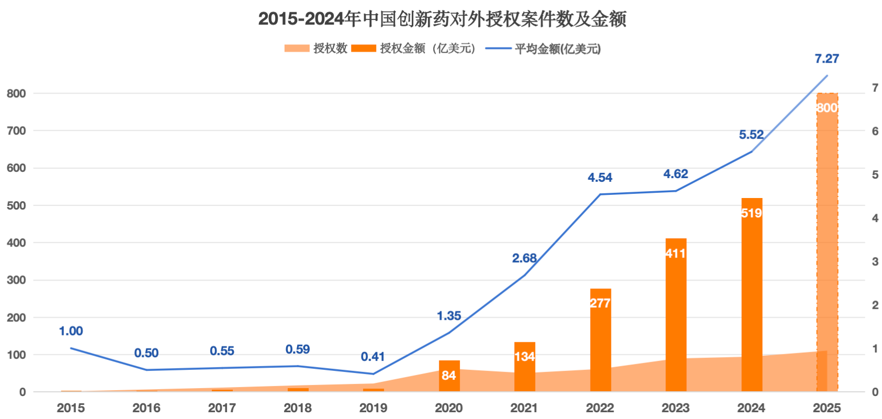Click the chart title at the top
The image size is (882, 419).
[x=442, y=19]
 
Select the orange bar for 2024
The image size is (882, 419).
[x=751, y=293]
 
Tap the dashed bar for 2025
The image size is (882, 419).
[x=827, y=240]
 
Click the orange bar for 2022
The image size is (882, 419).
[x=600, y=340]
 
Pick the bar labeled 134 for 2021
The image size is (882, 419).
[x=524, y=366]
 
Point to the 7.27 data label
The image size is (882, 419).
[x=827, y=59]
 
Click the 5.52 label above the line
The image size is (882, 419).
[x=751, y=135]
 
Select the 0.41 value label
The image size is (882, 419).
[x=372, y=357]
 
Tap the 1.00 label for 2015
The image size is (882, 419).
[x=71, y=331]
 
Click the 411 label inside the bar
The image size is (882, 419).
[x=675, y=254]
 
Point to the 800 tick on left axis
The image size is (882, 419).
[x=16, y=94]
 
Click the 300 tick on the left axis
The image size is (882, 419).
[x=16, y=280]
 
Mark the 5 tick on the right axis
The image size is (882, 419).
[x=875, y=175]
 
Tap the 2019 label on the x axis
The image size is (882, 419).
[x=373, y=408]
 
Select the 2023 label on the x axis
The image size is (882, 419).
[x=675, y=408]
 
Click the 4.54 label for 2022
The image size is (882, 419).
[x=600, y=178]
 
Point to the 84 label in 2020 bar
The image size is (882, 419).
[x=448, y=376]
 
